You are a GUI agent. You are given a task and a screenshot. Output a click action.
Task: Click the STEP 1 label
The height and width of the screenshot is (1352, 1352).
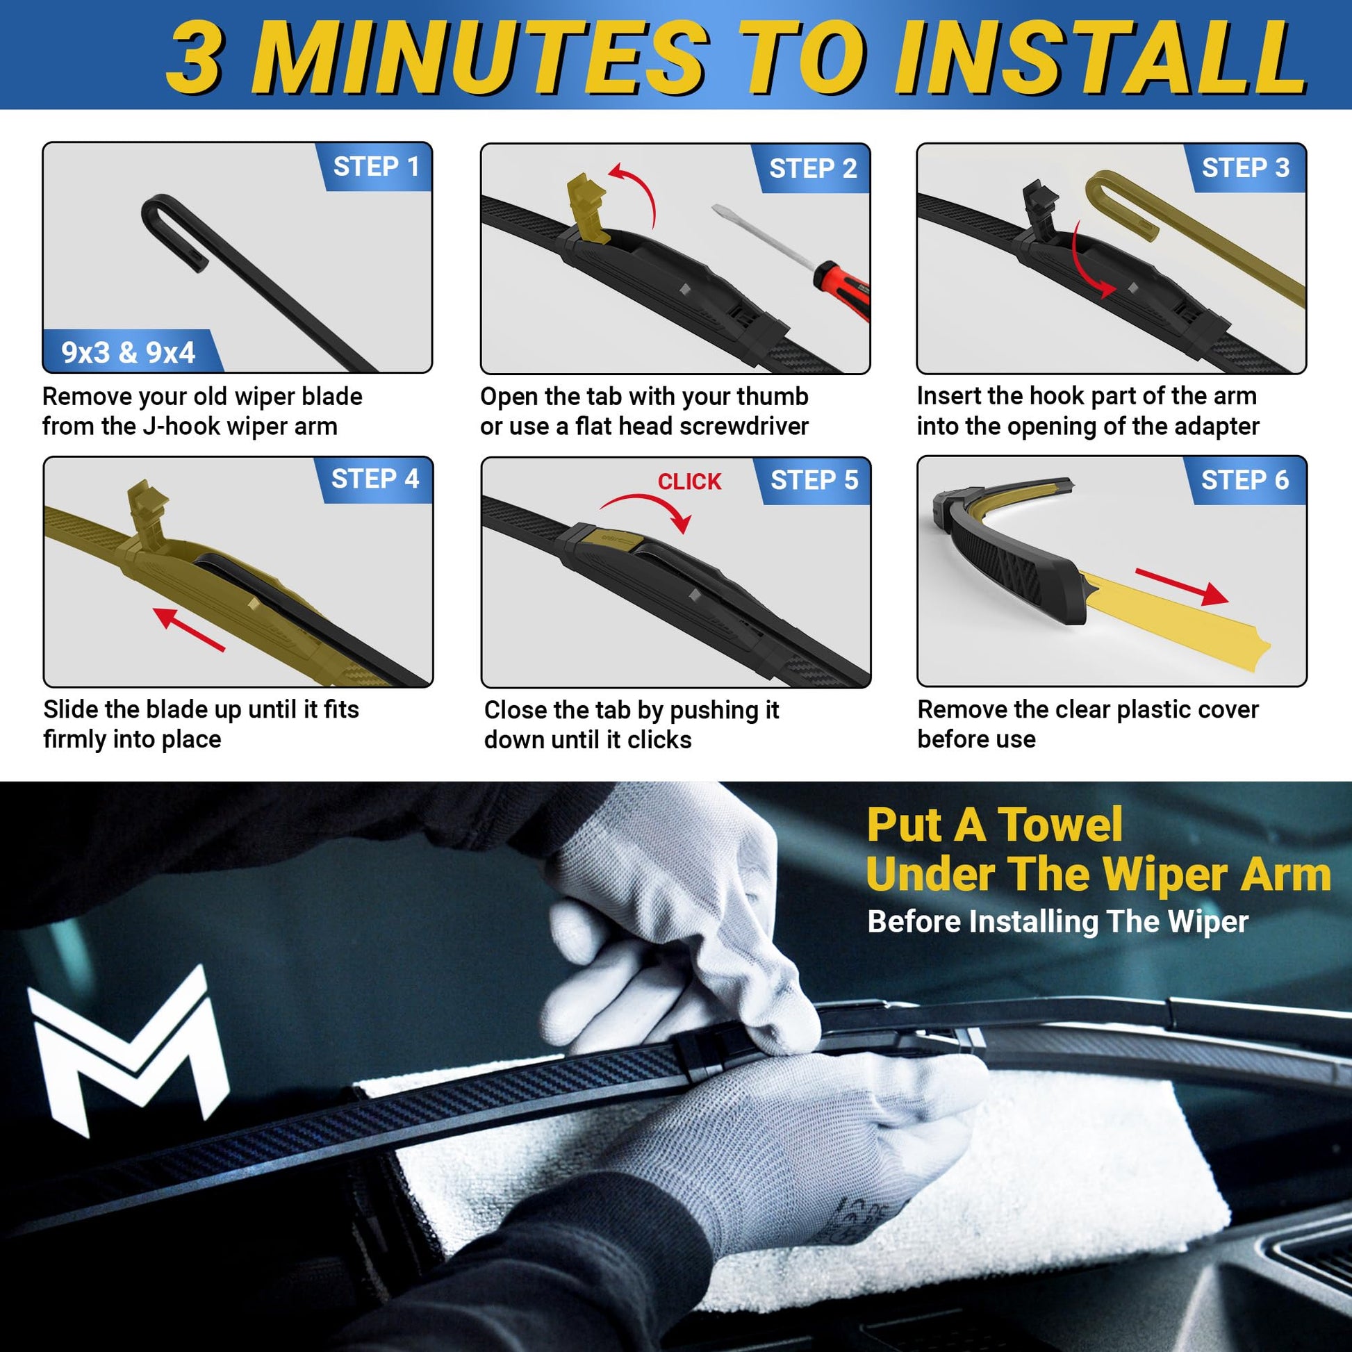[x=376, y=167]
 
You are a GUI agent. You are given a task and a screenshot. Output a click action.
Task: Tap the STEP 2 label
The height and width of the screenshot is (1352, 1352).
[x=813, y=168]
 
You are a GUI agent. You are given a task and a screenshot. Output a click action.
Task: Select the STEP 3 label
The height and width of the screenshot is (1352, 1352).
[x=1246, y=167]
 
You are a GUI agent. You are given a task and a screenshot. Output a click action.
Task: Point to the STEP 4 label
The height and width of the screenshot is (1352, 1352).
[x=375, y=479]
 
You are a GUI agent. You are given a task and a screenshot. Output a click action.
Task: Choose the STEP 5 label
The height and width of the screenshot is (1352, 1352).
[x=814, y=480]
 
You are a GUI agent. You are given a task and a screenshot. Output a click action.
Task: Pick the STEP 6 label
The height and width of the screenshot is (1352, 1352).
[x=1245, y=479]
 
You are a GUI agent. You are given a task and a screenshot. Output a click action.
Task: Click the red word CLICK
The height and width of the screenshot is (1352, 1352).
[x=689, y=481]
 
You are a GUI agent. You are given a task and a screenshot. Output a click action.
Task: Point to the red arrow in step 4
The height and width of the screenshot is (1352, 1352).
[x=189, y=629]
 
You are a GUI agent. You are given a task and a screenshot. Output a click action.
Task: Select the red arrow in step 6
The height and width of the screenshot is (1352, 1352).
[x=1181, y=586]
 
